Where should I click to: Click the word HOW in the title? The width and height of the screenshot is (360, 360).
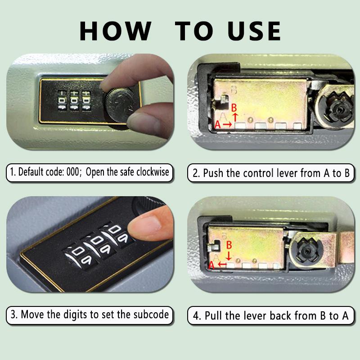115,31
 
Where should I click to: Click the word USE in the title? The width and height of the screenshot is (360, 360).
254,31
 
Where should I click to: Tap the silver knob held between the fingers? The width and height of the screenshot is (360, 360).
119,105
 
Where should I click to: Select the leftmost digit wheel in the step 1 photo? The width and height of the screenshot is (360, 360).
62,100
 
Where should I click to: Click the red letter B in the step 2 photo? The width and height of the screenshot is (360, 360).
234,108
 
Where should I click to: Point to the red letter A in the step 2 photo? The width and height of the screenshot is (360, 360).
217,125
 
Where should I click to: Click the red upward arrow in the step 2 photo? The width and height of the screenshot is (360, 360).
235,117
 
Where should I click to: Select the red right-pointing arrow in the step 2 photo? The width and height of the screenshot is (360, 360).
227,125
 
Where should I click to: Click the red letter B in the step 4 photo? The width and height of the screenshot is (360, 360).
229,245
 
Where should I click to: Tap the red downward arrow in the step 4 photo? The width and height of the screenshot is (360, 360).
229,256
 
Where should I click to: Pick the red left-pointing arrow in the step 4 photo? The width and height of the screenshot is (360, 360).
222,265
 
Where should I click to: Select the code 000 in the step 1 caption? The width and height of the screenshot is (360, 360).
72,172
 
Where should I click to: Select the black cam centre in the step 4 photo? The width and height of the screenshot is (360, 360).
307,251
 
